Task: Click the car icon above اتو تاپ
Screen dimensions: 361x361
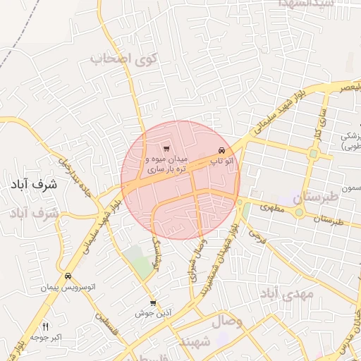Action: (222, 150)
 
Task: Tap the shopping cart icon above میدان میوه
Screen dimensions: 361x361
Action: (166, 148)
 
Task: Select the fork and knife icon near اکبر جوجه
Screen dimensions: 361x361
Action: (46, 326)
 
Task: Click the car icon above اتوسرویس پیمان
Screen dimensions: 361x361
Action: (68, 276)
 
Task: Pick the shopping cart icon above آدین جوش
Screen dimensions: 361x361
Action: (153, 303)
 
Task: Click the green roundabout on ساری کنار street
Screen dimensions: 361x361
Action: (313, 154)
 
